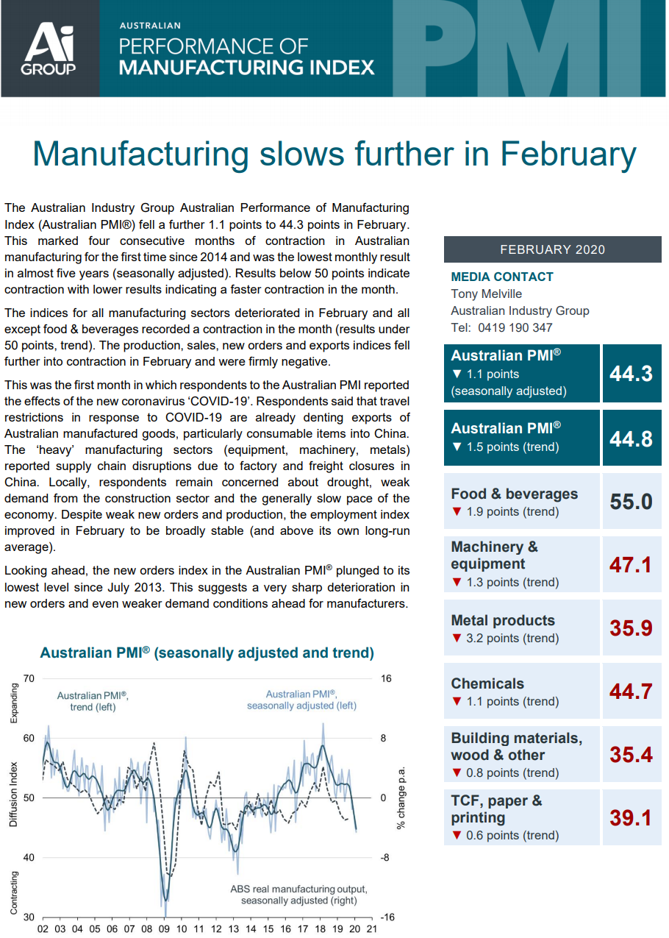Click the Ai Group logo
[x=49, y=49]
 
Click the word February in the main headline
[x=568, y=154]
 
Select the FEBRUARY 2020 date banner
[x=552, y=249]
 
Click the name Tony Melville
[x=486, y=294]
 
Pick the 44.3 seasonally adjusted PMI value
[x=631, y=373]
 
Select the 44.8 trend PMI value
[x=631, y=438]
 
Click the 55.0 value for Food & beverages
[x=631, y=502]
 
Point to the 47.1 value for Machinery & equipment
[x=631, y=564]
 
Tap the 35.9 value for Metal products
[x=631, y=628]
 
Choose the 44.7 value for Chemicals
[x=631, y=691]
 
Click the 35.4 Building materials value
[x=631, y=754]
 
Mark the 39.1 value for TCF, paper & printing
[x=631, y=817]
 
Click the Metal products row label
[x=503, y=620]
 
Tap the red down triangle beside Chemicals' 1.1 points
[x=457, y=702]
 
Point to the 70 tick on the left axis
[x=29, y=678]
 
